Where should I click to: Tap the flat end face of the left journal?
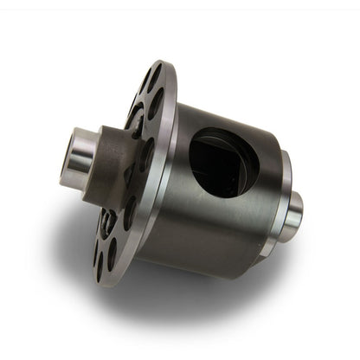pyautogui.click(x=67, y=152)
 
